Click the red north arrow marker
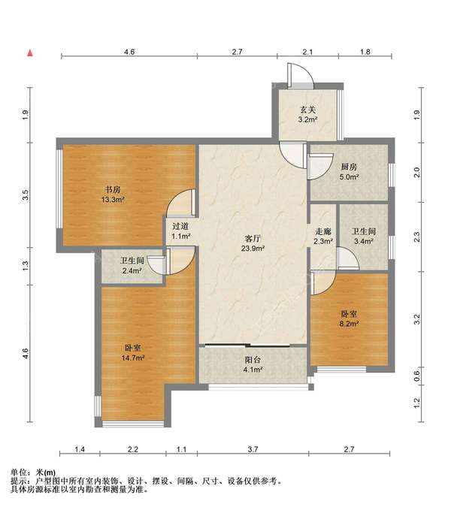click(30, 53)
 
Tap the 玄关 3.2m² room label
click(308, 114)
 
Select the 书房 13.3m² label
click(113, 195)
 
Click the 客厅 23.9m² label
click(253, 243)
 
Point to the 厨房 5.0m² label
click(350, 172)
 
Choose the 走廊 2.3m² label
click(323, 236)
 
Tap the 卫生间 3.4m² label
click(364, 236)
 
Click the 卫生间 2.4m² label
click(132, 265)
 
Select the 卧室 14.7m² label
click(133, 352)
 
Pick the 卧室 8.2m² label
click(350, 318)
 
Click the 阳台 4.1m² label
click(253, 364)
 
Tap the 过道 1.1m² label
click(180, 231)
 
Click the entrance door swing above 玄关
click(301, 75)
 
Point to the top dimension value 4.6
click(129, 52)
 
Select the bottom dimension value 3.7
click(253, 449)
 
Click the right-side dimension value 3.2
click(417, 318)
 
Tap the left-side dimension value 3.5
click(26, 195)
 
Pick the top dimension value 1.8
click(365, 52)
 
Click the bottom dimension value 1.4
click(80, 449)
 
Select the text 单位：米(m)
click(33, 472)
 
